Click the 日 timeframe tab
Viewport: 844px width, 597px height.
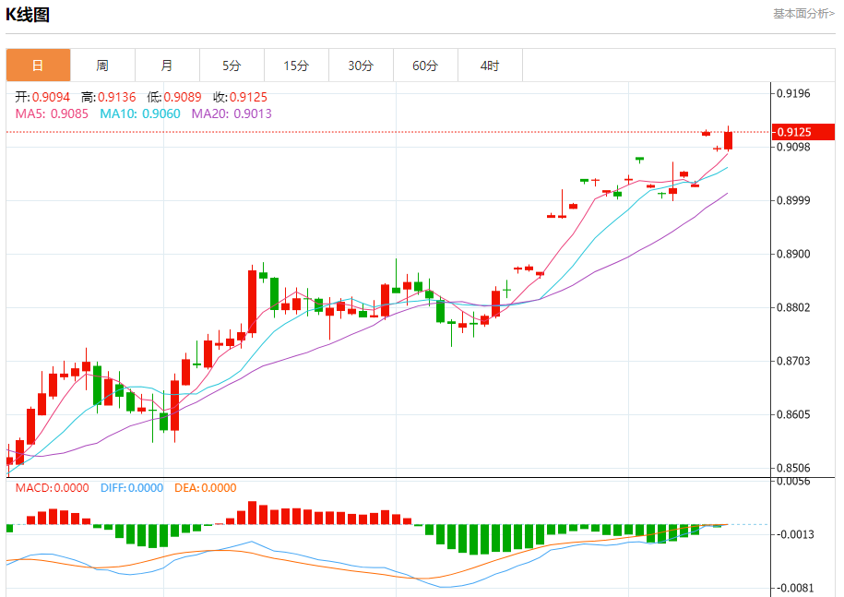pyautogui.click(x=38, y=66)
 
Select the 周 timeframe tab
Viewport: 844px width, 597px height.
pyautogui.click(x=102, y=66)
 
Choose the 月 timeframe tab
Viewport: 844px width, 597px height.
pyautogui.click(x=167, y=66)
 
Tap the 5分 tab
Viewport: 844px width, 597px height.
pyautogui.click(x=232, y=66)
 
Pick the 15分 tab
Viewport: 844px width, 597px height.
pyautogui.click(x=296, y=66)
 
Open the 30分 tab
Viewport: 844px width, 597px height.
pyautogui.click(x=361, y=66)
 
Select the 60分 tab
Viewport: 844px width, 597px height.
pyautogui.click(x=425, y=66)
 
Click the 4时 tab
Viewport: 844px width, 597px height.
pyautogui.click(x=490, y=66)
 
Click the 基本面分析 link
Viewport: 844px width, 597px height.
pyautogui.click(x=802, y=14)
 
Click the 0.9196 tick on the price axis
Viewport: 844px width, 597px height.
pyautogui.click(x=793, y=93)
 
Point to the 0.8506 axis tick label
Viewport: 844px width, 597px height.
pyautogui.click(x=793, y=468)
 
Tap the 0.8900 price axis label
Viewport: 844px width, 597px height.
pyautogui.click(x=793, y=254)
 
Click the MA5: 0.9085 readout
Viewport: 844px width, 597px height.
pyautogui.click(x=52, y=113)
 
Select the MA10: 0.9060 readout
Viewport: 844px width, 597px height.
pyautogui.click(x=140, y=113)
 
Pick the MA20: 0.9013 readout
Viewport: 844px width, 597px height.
pyautogui.click(x=232, y=113)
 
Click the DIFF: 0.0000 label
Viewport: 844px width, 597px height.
pyautogui.click(x=131, y=488)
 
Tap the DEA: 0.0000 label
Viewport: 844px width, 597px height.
pyautogui.click(x=205, y=488)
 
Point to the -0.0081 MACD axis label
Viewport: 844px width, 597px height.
pyautogui.click(x=793, y=588)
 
